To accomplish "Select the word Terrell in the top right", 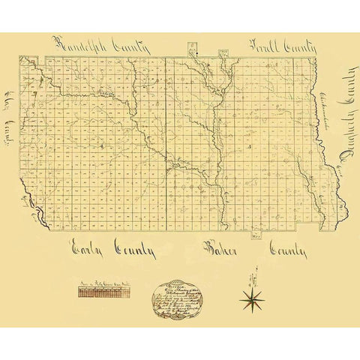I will click(x=264, y=45).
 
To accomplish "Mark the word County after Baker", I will click(x=289, y=250).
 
